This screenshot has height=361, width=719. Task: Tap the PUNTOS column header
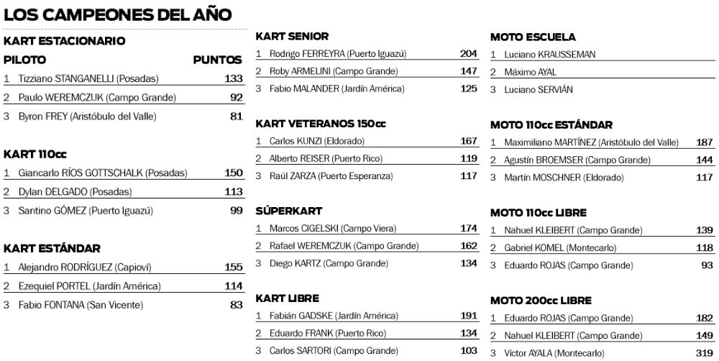pyautogui.click(x=217, y=60)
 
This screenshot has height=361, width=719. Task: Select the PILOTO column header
pyautogui.click(x=25, y=60)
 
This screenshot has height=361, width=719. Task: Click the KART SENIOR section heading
pyautogui.click(x=293, y=36)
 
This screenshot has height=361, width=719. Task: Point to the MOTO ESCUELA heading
pyautogui.click(x=533, y=37)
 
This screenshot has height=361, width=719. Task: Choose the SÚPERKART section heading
pyautogui.click(x=289, y=211)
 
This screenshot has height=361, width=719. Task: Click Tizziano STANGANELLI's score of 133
pyautogui.click(x=233, y=79)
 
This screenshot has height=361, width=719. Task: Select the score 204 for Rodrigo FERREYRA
pyautogui.click(x=469, y=54)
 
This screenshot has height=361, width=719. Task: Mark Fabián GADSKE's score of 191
pyautogui.click(x=469, y=316)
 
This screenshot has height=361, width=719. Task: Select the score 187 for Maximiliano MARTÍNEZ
pyautogui.click(x=705, y=142)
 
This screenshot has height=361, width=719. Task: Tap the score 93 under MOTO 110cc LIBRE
pyautogui.click(x=707, y=265)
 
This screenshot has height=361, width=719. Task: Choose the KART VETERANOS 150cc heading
pyautogui.click(x=321, y=124)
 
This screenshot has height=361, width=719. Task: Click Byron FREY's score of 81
pyautogui.click(x=236, y=116)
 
